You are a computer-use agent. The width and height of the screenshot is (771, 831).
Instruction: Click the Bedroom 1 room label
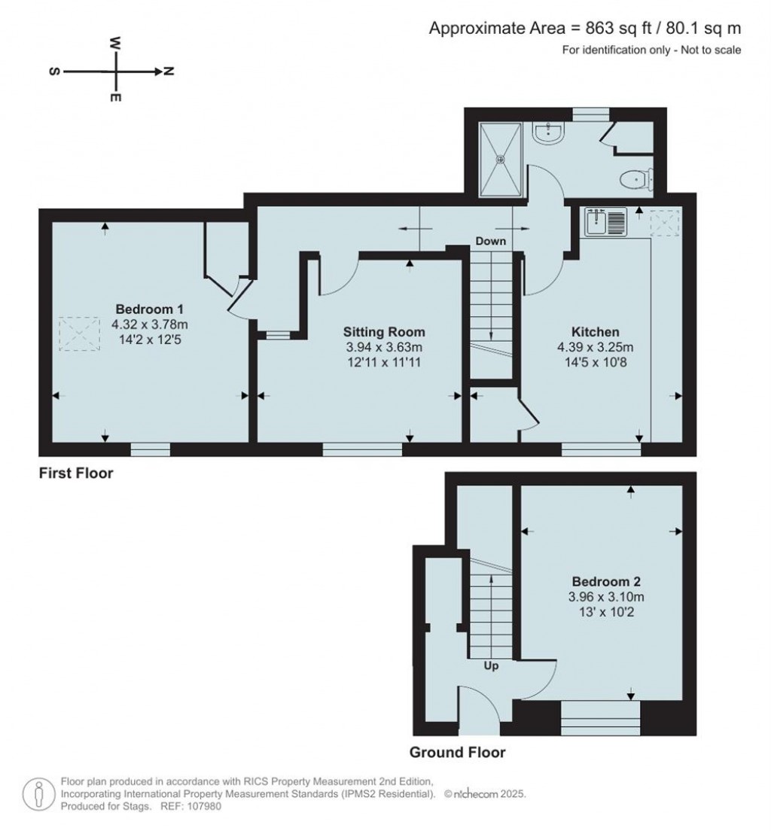[x=149, y=309]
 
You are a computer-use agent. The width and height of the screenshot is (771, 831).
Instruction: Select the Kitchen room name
[x=595, y=332]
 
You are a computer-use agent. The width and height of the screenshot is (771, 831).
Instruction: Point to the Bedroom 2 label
[x=606, y=582]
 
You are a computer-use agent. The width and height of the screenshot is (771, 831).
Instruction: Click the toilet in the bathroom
[x=635, y=179]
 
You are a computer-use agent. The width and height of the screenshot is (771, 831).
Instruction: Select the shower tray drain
[x=501, y=158]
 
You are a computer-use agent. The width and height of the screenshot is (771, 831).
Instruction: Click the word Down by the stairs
[x=490, y=242]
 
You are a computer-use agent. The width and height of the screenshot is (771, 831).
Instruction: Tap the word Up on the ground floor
[x=490, y=665]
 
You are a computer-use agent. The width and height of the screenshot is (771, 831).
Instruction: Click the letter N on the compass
[x=169, y=72]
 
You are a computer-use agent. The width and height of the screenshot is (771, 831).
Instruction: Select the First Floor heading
[x=76, y=473]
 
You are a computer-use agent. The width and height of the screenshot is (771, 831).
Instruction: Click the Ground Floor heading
[x=457, y=752]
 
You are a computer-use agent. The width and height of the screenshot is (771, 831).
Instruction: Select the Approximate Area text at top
[x=585, y=29]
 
